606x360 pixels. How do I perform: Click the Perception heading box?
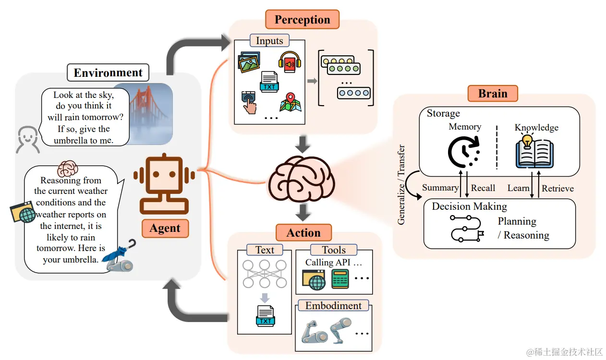pos(302,20)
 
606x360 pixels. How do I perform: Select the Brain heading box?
pos(493,93)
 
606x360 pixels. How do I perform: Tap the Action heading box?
pos(303,233)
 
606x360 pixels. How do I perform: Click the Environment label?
pos(108,73)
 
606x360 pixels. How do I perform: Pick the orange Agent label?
pos(165,228)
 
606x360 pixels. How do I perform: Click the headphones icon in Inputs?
pos(290,62)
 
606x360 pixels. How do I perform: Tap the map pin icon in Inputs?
pos(291,102)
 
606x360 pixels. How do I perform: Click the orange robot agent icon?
pos(164,184)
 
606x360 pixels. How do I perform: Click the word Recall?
pos(483,188)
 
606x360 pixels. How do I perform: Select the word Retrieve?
pos(558,189)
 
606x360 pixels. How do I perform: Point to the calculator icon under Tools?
pos(340,279)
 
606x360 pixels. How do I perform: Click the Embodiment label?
pos(333,306)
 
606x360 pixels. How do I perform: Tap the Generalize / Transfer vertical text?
pos(401,185)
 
